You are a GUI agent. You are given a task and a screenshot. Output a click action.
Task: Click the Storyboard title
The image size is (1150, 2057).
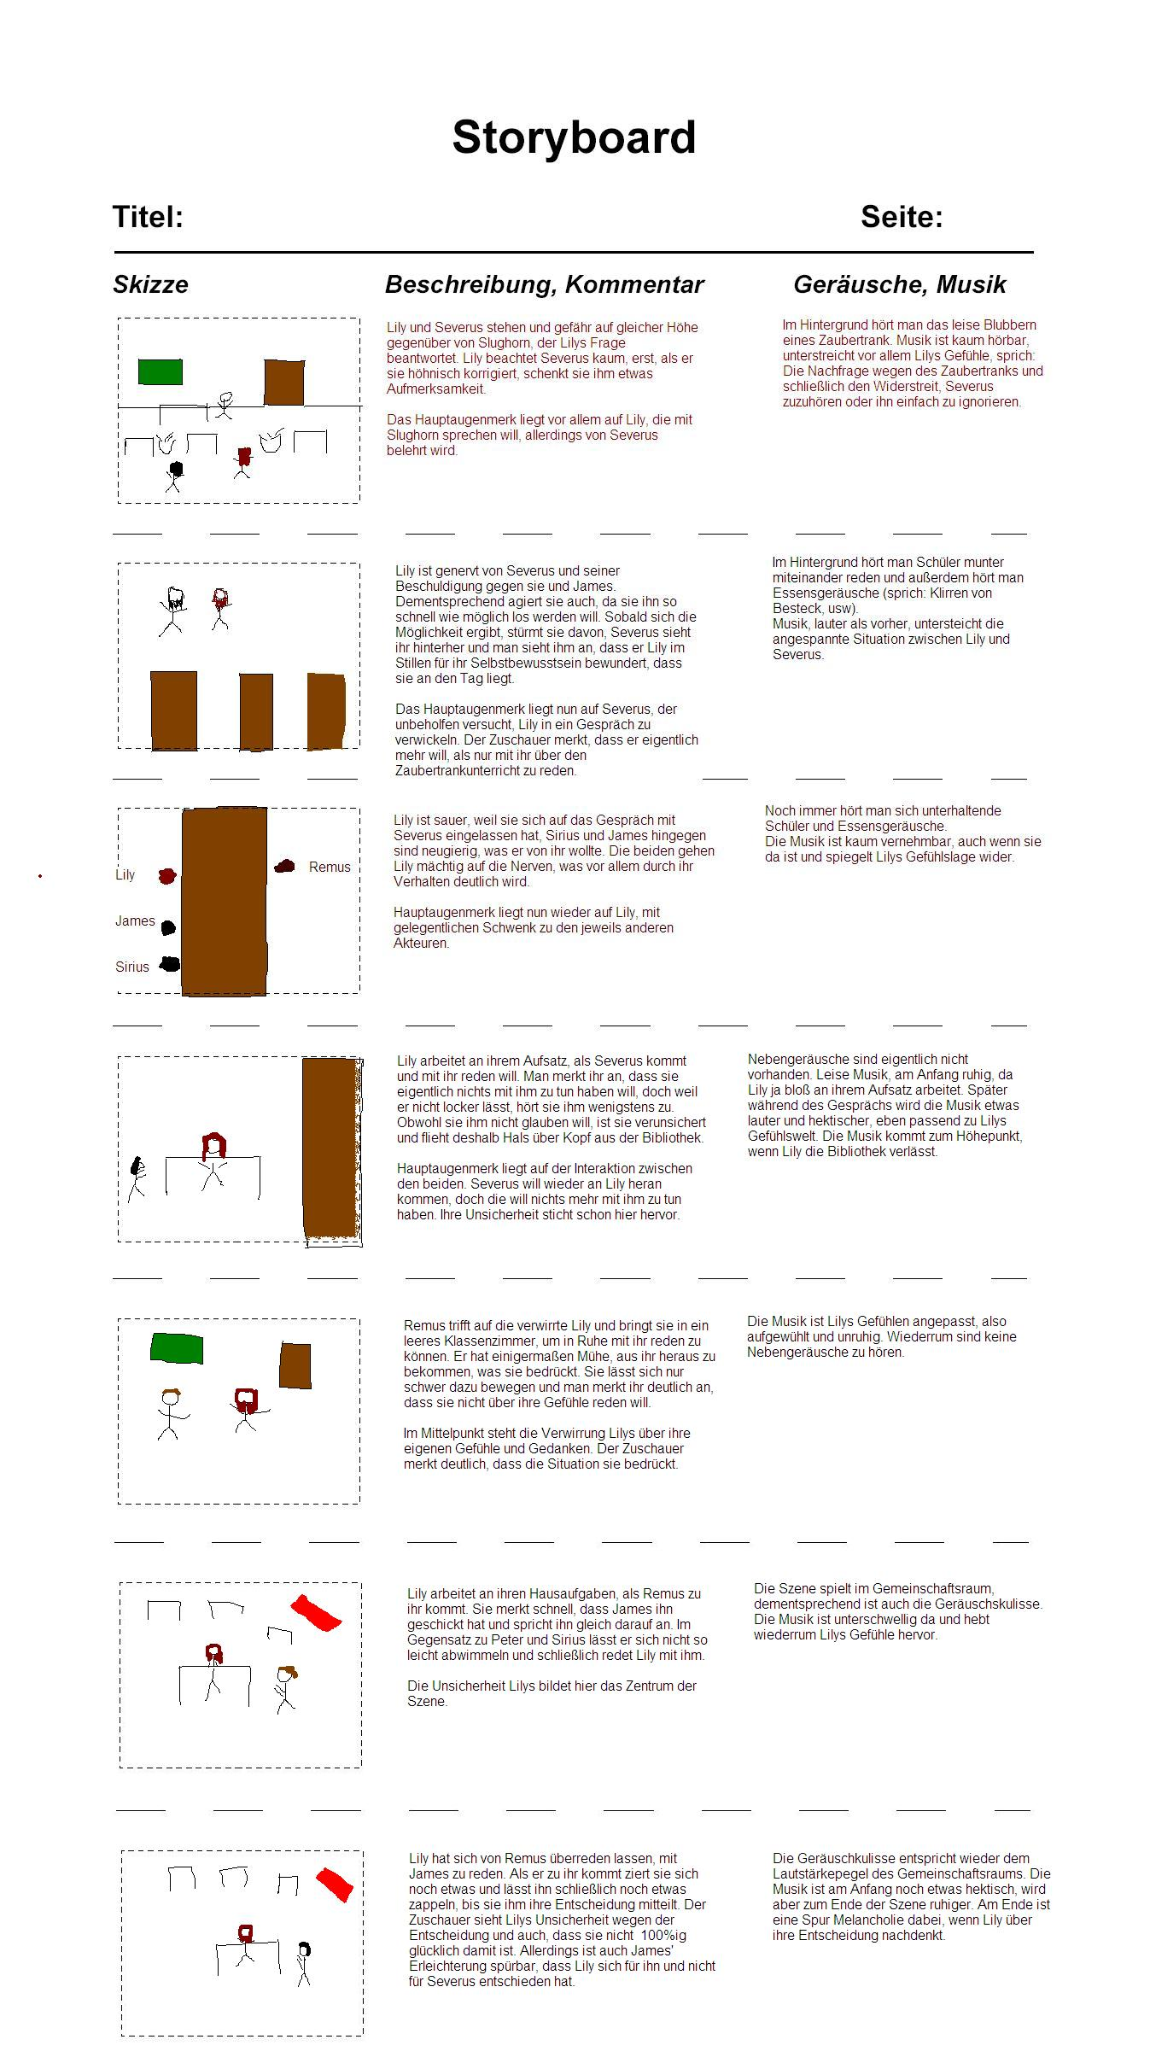pyautogui.click(x=574, y=137)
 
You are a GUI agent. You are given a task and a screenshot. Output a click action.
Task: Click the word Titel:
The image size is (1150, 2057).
pyautogui.click(x=149, y=217)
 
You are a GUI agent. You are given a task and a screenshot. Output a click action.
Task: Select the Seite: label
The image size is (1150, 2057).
pyautogui.click(x=902, y=217)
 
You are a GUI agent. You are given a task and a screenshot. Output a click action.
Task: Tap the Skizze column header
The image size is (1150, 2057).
pyautogui.click(x=150, y=284)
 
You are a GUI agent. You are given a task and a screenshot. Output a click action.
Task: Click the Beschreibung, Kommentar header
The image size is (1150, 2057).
pyautogui.click(x=544, y=284)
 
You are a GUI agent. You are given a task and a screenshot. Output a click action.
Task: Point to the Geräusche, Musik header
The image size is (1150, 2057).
pyautogui.click(x=899, y=284)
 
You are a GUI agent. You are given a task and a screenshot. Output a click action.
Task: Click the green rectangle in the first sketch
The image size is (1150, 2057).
pyautogui.click(x=161, y=372)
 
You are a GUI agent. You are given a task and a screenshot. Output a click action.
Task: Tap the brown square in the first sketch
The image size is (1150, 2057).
pyautogui.click(x=284, y=382)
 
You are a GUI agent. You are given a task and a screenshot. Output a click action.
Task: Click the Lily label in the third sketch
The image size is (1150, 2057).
pyautogui.click(x=126, y=874)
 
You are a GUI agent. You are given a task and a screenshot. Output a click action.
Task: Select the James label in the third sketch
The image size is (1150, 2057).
pyautogui.click(x=135, y=920)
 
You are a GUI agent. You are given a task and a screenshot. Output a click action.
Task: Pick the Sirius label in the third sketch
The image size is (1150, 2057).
pyautogui.click(x=132, y=967)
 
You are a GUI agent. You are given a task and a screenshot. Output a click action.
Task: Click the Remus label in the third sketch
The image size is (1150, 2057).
pyautogui.click(x=330, y=867)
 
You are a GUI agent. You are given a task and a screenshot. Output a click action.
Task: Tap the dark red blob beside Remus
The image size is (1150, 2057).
pyautogui.click(x=284, y=867)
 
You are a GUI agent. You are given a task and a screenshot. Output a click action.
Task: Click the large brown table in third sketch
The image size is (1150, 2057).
pyautogui.click(x=225, y=901)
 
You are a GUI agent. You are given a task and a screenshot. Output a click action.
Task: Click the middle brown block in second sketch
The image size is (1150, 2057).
pyautogui.click(x=256, y=711)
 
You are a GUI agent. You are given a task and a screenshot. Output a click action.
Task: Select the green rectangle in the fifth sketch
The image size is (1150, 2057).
pyautogui.click(x=177, y=1347)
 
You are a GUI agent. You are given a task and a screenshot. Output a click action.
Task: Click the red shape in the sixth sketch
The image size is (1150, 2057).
pyautogui.click(x=316, y=1612)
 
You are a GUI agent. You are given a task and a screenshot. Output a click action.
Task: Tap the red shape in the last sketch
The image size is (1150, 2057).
pyautogui.click(x=335, y=1884)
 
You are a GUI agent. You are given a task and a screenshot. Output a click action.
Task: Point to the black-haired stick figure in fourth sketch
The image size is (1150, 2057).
pyautogui.click(x=137, y=1178)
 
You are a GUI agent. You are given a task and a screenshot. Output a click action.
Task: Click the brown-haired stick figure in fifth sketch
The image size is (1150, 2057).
pyautogui.click(x=170, y=1413)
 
